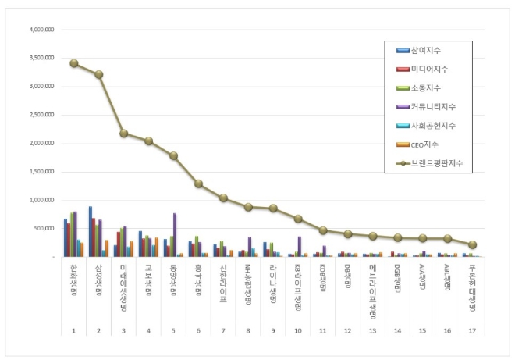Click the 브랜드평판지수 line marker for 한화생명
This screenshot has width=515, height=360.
(x=73, y=63)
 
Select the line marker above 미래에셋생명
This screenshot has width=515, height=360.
(x=123, y=133)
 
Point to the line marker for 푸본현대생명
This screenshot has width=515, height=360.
(x=472, y=244)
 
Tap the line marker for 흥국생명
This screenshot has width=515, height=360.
(x=198, y=184)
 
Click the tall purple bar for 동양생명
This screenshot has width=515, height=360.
(x=175, y=234)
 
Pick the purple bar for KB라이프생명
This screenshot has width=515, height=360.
(x=299, y=247)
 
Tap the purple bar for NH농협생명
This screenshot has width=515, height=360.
(x=250, y=247)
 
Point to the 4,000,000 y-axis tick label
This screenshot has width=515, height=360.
(x=40, y=30)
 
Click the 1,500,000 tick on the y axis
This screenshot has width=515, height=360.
(x=40, y=172)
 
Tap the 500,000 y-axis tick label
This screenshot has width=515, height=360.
(x=42, y=228)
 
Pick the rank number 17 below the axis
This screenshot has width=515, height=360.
(x=472, y=331)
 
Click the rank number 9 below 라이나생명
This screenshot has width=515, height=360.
(x=273, y=331)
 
